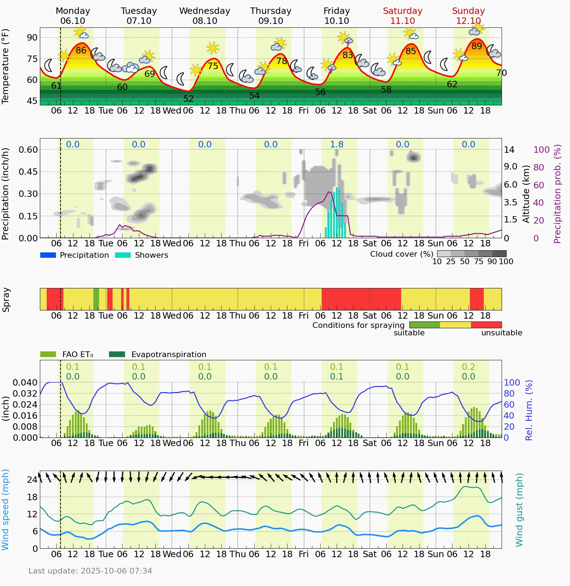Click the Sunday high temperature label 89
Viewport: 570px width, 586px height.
pyautogui.click(x=477, y=46)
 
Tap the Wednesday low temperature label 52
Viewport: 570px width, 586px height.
pyautogui.click(x=188, y=99)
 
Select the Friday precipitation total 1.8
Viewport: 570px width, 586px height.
pyautogui.click(x=337, y=144)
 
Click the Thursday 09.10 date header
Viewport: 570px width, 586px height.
pyautogui.click(x=271, y=16)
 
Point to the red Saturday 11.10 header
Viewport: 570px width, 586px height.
pyautogui.click(x=403, y=16)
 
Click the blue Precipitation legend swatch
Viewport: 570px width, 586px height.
pyautogui.click(x=48, y=255)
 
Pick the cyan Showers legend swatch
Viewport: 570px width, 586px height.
pyautogui.click(x=123, y=255)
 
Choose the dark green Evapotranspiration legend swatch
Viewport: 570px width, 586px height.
pyautogui.click(x=117, y=354)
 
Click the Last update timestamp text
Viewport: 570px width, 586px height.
pyautogui.click(x=90, y=571)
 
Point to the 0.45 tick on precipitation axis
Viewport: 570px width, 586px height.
pyautogui.click(x=28, y=172)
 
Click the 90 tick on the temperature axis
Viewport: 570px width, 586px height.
pyautogui.click(x=32, y=37)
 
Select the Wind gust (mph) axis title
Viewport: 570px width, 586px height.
pyautogui.click(x=519, y=510)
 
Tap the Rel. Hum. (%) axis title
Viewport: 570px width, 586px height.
pyautogui.click(x=529, y=410)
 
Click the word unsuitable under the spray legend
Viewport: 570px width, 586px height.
pyautogui.click(x=502, y=333)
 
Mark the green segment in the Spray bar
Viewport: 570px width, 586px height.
pyautogui.click(x=96, y=299)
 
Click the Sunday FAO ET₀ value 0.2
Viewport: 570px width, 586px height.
pyautogui.click(x=468, y=367)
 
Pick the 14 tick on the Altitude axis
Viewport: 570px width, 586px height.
pyautogui.click(x=509, y=150)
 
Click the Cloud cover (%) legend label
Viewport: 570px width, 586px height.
pyautogui.click(x=401, y=254)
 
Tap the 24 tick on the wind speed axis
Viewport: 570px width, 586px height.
pyautogui.click(x=32, y=480)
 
